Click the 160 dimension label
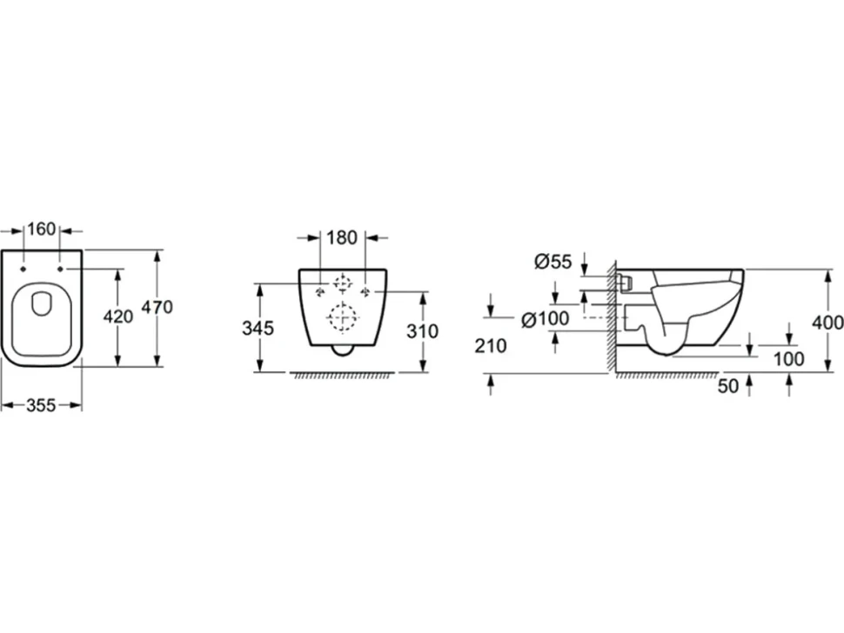pos(42,229)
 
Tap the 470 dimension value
pos(157,307)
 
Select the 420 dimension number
pos(117,316)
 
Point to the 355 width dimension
pos(41,405)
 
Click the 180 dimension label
pos(342,237)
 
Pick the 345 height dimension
pos(258,328)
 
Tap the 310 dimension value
pos(423,331)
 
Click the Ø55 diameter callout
pos(553,262)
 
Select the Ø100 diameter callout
pos(546,319)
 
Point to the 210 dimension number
pos(491,346)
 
